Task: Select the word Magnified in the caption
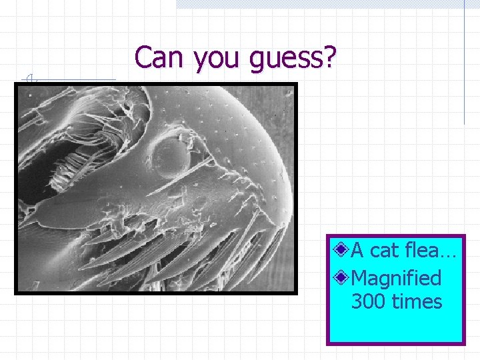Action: pyautogui.click(x=396, y=277)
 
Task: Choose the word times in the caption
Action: pyautogui.click(x=417, y=301)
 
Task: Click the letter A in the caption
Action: pyautogui.click(x=357, y=251)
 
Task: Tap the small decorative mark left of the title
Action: pyautogui.click(x=29, y=79)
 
